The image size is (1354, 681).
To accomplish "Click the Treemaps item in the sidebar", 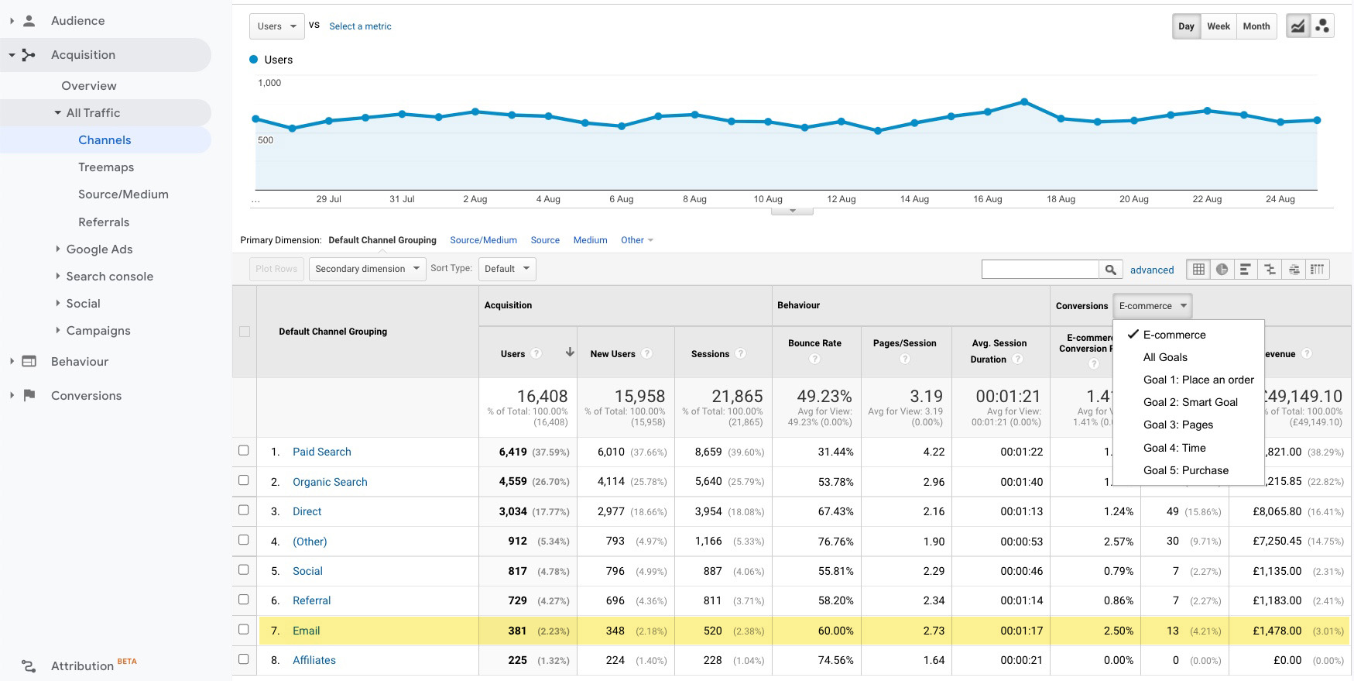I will (x=106, y=167).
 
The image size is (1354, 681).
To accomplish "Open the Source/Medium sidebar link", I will (x=123, y=194).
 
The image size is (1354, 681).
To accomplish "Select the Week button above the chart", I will (x=1218, y=26).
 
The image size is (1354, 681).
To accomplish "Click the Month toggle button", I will (x=1256, y=26).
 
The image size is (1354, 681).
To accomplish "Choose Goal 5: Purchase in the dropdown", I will (x=1185, y=470).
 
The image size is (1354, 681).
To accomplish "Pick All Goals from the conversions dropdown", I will (x=1165, y=357).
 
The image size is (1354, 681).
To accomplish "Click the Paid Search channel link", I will (x=321, y=452).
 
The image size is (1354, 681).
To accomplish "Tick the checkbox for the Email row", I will (x=244, y=629).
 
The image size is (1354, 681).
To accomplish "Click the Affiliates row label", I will (x=314, y=660).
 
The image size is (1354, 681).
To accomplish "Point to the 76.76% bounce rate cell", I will (x=835, y=542).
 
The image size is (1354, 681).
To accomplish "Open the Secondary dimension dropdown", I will (x=367, y=269).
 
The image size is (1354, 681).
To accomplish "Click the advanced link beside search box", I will (x=1151, y=270).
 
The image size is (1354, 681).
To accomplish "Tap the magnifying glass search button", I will (x=1110, y=270).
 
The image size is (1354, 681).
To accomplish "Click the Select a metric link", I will (x=360, y=26).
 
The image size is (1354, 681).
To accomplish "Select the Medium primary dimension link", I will (x=590, y=240).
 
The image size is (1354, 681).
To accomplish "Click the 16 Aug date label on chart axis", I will (x=987, y=199).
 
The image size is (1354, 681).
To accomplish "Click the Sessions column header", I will (x=710, y=354).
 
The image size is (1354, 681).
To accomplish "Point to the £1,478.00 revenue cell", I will (x=1277, y=631).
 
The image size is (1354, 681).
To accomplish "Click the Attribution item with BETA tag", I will (x=82, y=666).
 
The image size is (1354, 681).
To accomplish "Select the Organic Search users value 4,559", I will (x=512, y=482).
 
